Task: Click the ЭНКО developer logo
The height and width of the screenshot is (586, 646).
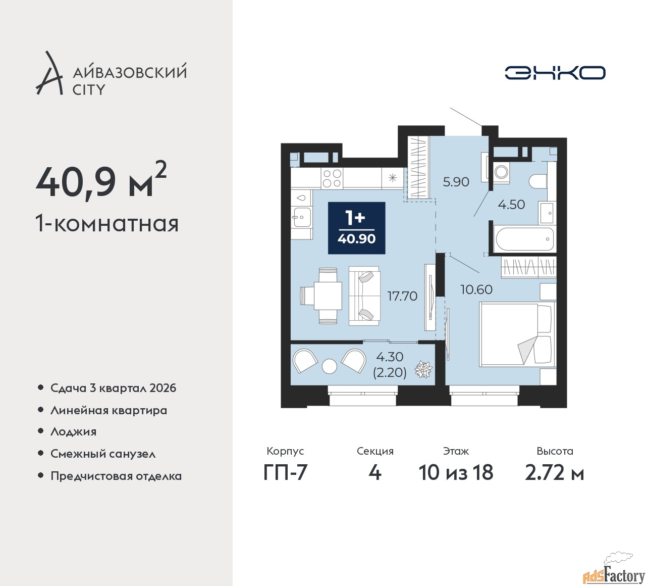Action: point(555,73)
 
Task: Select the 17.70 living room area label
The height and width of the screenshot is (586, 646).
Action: point(402,296)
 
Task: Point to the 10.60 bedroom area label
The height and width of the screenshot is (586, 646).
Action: point(476,289)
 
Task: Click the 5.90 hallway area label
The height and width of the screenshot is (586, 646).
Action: point(456,182)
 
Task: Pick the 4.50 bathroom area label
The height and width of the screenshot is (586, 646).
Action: point(511,205)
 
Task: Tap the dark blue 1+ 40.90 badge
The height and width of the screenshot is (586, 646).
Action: point(356,228)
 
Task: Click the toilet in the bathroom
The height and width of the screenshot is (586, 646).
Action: point(538,181)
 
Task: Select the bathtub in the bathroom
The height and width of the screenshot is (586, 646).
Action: point(524,239)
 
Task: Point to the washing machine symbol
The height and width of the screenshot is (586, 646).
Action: point(501,172)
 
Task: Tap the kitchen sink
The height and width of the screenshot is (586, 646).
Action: point(302,218)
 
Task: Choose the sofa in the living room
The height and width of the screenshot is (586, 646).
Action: point(364,296)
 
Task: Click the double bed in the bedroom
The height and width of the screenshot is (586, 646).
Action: point(518,334)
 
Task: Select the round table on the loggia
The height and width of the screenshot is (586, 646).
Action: point(329,366)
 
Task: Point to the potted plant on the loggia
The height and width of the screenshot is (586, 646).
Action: point(423,369)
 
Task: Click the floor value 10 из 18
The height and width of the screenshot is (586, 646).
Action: point(456,472)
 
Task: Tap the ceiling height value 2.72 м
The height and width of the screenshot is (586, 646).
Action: point(554,472)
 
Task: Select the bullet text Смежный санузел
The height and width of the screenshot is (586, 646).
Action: point(103,454)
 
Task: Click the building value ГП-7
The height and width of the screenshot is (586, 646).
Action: point(285,472)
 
